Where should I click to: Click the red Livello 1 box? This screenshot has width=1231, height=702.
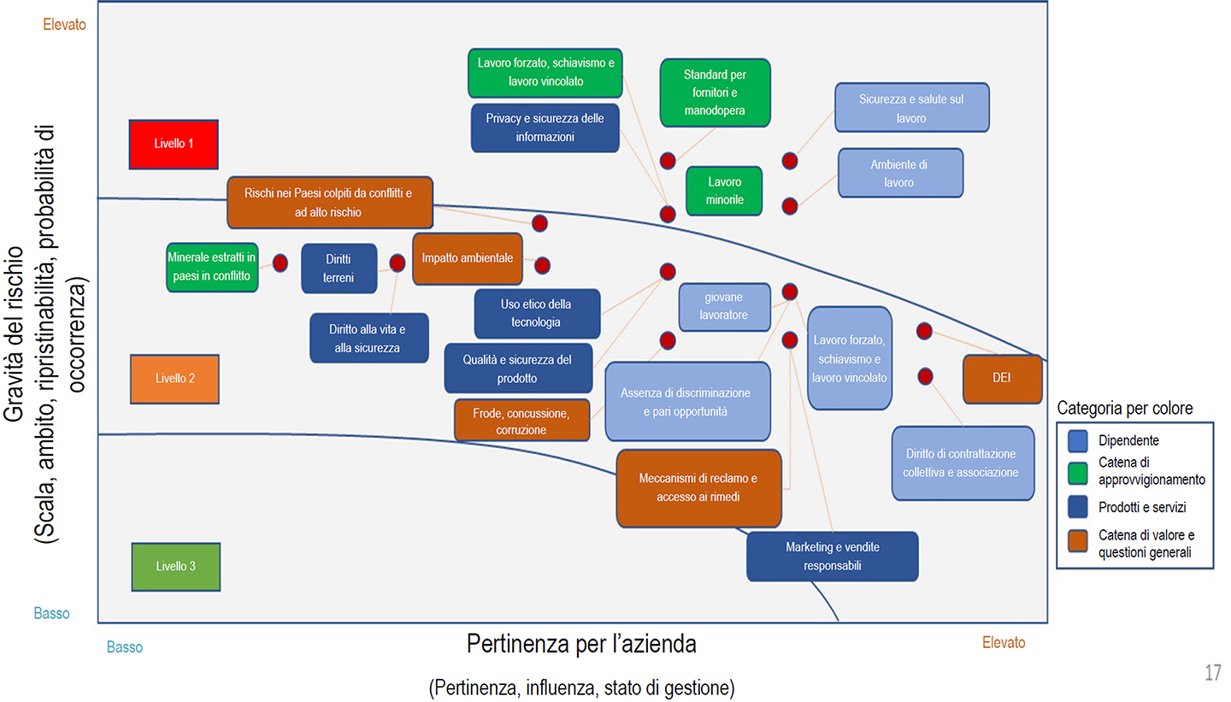coord(174,144)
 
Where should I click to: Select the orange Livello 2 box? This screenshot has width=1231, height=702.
coord(175,378)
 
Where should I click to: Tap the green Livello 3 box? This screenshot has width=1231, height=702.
coord(176,566)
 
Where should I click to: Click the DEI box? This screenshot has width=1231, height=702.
coord(1002,378)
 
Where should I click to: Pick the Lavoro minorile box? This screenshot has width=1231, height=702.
coord(724,191)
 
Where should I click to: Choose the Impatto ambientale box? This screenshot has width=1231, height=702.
coord(467,258)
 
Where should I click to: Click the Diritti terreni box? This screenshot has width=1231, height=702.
coord(339,268)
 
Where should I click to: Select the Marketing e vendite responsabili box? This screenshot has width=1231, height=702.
coord(832,556)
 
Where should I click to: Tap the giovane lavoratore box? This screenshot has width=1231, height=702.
coord(724,306)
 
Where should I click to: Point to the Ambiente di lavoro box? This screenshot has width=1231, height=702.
coord(900,173)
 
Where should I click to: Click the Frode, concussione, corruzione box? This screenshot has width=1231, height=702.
coord(521,421)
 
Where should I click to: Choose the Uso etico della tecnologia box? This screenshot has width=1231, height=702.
coord(537,313)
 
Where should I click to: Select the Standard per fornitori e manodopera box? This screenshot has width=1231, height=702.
coord(716,92)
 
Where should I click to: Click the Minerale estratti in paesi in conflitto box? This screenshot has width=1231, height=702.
coord(212,267)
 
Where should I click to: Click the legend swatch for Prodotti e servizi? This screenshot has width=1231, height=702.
coord(1077,507)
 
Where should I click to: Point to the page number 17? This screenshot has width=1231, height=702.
coord(1212,673)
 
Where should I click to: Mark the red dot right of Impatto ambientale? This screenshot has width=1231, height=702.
coord(542,265)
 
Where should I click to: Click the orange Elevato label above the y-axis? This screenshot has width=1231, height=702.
coord(65,25)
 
